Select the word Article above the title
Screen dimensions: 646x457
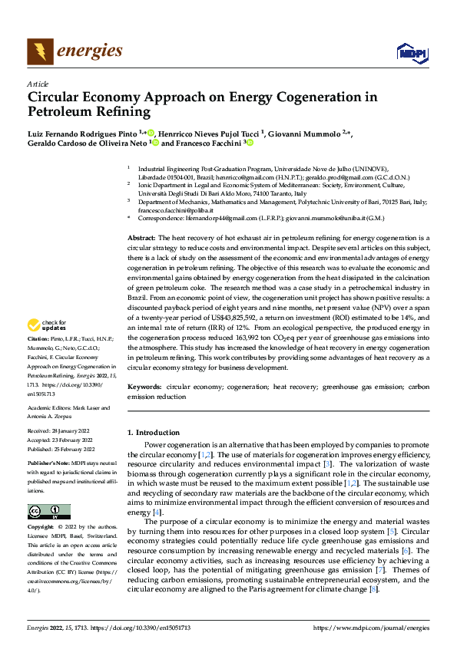38,84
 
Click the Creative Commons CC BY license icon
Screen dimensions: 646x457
48,512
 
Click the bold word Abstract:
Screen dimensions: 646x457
142,238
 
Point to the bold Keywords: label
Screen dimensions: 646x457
144,387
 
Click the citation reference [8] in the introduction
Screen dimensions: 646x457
373,588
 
